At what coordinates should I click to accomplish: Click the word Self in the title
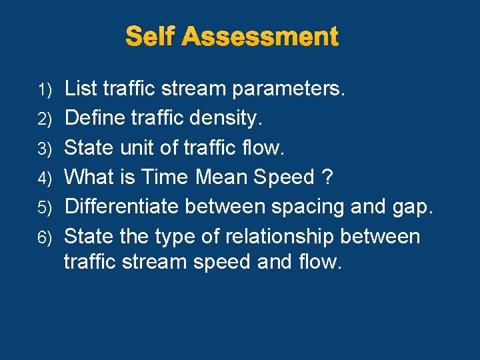click(x=151, y=36)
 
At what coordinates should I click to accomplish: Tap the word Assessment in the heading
click(x=260, y=36)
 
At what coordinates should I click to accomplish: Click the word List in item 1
click(x=81, y=88)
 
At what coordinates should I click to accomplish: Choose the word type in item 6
click(x=179, y=237)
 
